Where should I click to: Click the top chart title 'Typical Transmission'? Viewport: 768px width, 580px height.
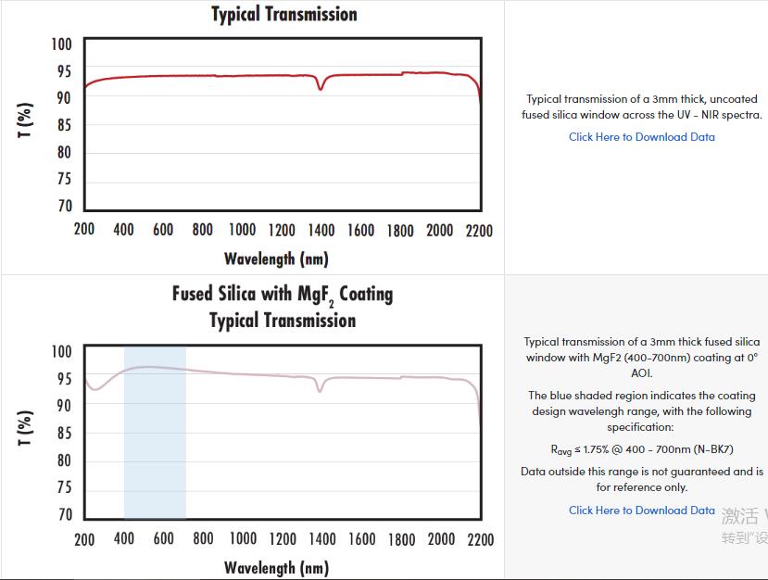click(283, 14)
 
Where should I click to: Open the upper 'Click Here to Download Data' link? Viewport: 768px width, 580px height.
click(641, 137)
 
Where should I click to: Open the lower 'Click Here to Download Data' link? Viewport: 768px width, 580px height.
click(641, 511)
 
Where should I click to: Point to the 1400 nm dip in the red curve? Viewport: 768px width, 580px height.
click(321, 87)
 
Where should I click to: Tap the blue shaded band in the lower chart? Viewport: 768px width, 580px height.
click(155, 435)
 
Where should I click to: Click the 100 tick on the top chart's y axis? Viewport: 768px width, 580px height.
click(61, 44)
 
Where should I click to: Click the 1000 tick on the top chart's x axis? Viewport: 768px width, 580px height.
click(243, 230)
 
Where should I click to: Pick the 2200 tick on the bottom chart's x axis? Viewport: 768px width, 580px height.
click(480, 539)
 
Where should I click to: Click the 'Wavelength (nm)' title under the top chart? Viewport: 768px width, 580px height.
click(276, 258)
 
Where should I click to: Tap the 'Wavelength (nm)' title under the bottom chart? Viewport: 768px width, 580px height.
click(276, 567)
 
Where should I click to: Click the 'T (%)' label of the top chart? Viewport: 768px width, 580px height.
click(26, 120)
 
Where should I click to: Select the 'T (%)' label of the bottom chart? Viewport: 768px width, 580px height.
click(26, 429)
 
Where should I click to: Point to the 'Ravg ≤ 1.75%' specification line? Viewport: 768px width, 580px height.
click(642, 450)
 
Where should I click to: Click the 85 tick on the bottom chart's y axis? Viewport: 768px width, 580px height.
click(62, 434)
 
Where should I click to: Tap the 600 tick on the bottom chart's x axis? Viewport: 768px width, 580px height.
click(164, 539)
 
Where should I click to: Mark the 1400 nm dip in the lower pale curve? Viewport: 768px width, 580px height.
click(321, 389)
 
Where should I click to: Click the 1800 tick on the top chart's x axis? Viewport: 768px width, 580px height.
click(400, 230)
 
